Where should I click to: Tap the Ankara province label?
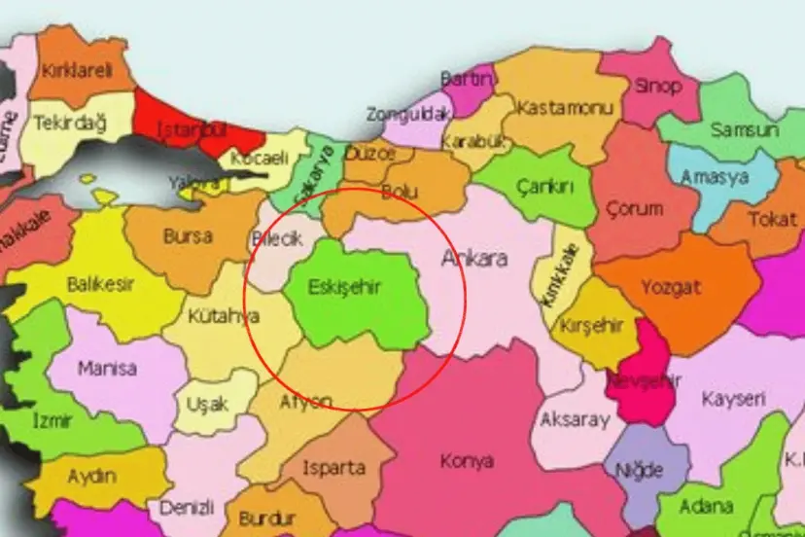[x=474, y=259]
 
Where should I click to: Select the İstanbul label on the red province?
[x=193, y=130]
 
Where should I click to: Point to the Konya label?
[x=467, y=460]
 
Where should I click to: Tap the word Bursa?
[x=188, y=235]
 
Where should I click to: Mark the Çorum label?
[x=634, y=208]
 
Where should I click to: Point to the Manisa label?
[x=107, y=370]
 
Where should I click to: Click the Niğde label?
[x=639, y=471]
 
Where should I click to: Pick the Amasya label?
[x=715, y=177]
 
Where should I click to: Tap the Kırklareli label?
[x=77, y=70]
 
